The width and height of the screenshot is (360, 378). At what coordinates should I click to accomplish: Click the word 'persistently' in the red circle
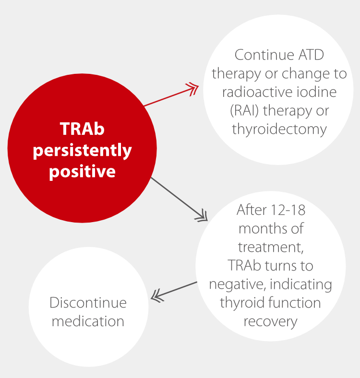pos(82,151)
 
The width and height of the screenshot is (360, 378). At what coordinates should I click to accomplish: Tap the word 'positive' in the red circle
pos(82,171)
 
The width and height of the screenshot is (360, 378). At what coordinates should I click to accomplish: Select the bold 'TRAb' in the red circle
pos(82,129)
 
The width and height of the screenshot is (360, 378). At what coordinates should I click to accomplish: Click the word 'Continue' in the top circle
pos(264,55)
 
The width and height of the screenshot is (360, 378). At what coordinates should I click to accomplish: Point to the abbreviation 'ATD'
pos(311,55)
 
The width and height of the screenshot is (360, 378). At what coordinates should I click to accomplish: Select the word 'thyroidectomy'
pos(279,130)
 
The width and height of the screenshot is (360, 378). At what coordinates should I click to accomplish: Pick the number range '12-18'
pos(288,210)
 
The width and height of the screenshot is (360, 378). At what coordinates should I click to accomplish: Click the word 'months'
pos(264,228)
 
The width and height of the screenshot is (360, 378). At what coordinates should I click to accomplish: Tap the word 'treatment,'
pos(271,248)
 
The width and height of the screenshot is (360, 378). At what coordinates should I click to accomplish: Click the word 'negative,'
pos(238,285)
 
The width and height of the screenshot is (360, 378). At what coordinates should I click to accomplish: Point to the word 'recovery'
pos(271,322)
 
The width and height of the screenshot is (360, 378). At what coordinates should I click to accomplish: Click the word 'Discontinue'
pos(88,303)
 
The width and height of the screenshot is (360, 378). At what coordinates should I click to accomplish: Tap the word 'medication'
pos(88,321)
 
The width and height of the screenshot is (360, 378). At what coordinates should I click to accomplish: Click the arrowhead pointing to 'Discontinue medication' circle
pos(157,296)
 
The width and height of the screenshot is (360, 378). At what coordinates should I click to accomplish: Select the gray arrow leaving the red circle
pos(179,199)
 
